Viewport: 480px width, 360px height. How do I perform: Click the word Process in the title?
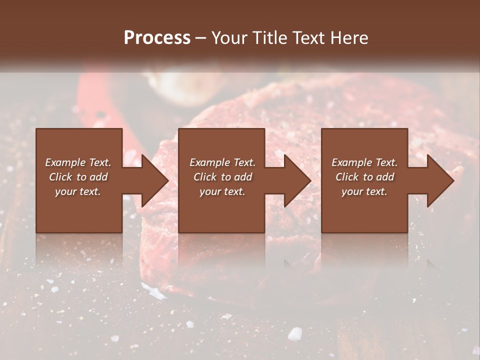(157, 38)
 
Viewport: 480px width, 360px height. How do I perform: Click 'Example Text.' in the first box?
(78, 162)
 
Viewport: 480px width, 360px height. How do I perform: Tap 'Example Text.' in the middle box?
(222, 162)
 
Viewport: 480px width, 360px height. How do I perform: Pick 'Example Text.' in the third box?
(364, 162)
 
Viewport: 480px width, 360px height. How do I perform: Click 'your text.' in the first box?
(78, 191)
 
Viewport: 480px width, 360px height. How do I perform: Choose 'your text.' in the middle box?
(222, 191)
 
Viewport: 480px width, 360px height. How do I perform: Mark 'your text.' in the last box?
(364, 191)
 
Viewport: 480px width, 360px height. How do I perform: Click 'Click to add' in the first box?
(78, 177)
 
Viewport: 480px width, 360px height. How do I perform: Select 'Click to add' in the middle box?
(222, 177)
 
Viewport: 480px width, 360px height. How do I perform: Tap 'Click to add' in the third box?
(364, 177)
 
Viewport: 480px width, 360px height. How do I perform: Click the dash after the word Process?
(200, 38)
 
